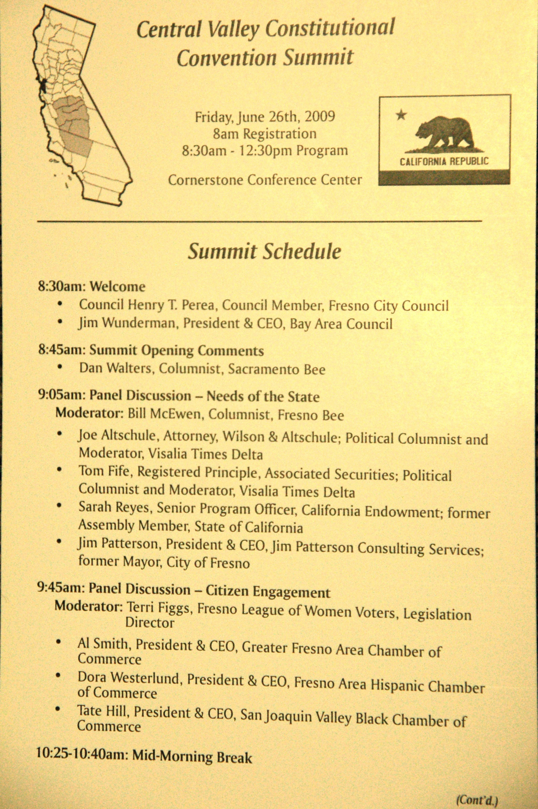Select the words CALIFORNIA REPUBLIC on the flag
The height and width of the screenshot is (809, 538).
point(444,161)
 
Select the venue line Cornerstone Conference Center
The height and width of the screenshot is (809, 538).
point(265,180)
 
